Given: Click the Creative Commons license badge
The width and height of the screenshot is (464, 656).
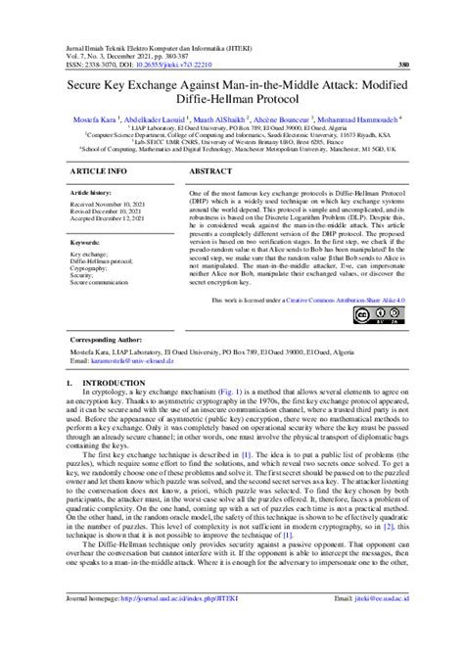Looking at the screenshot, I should [385, 316].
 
